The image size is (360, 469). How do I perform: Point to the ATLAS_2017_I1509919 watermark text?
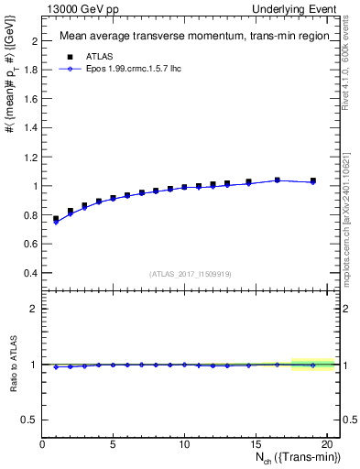pos(190,274)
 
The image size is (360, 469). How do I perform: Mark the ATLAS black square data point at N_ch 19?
pos(313,180)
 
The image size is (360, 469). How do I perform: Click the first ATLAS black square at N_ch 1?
pos(56,219)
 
